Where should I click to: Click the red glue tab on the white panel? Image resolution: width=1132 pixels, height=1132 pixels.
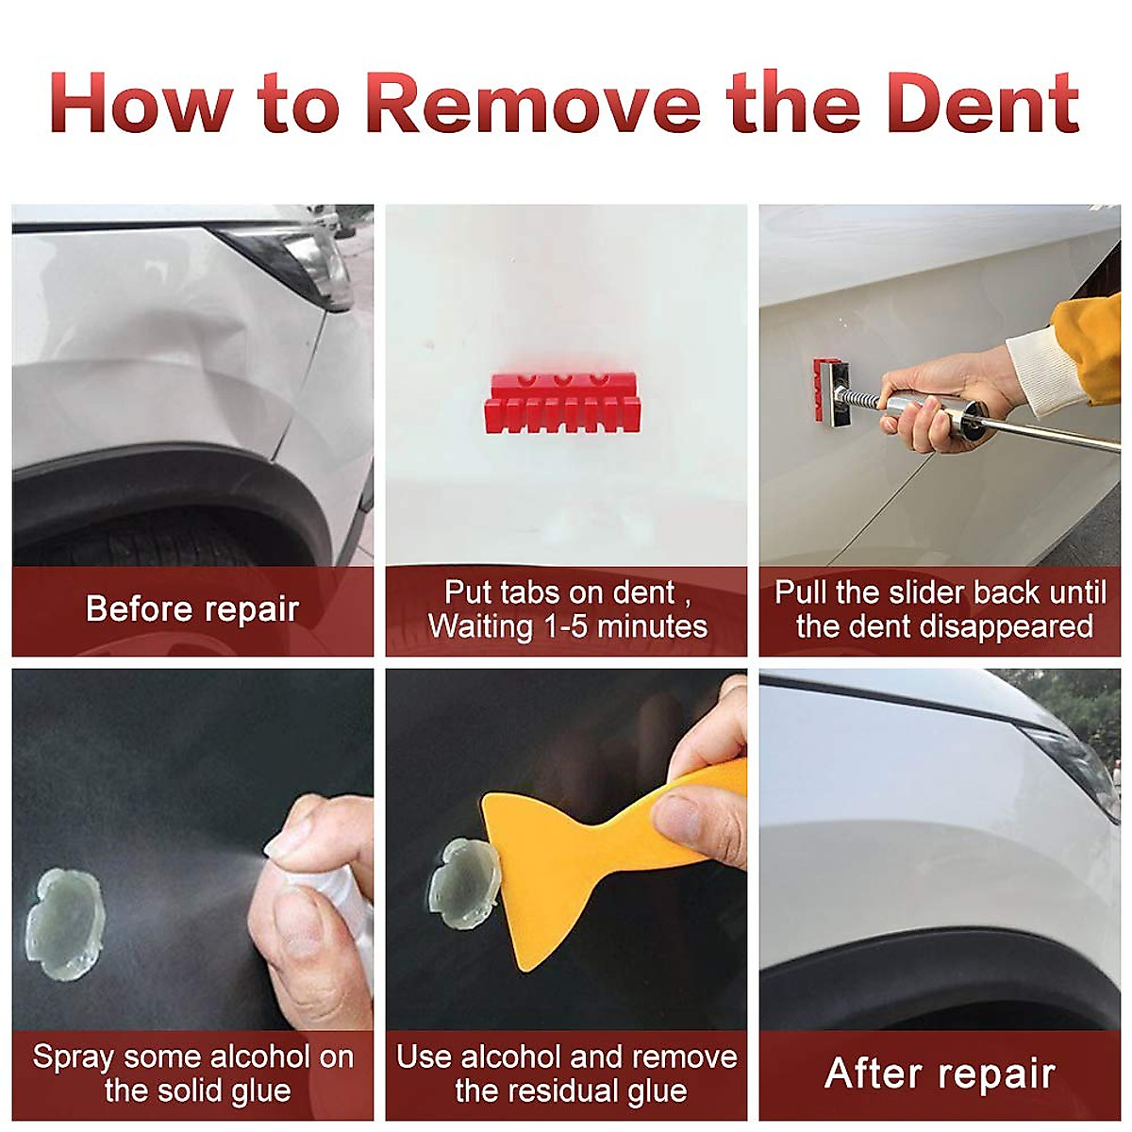pos(563,402)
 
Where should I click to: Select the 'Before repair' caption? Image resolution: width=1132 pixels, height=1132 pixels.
pos(192,609)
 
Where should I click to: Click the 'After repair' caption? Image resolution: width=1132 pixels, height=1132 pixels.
pos(940,1074)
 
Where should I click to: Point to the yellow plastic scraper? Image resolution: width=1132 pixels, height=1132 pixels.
pos(566,849)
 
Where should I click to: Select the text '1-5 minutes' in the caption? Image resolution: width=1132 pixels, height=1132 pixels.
pos(623,626)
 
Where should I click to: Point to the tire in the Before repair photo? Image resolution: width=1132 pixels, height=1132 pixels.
pos(160,542)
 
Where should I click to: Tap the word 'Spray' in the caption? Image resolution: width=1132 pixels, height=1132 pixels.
pos(74,1057)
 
